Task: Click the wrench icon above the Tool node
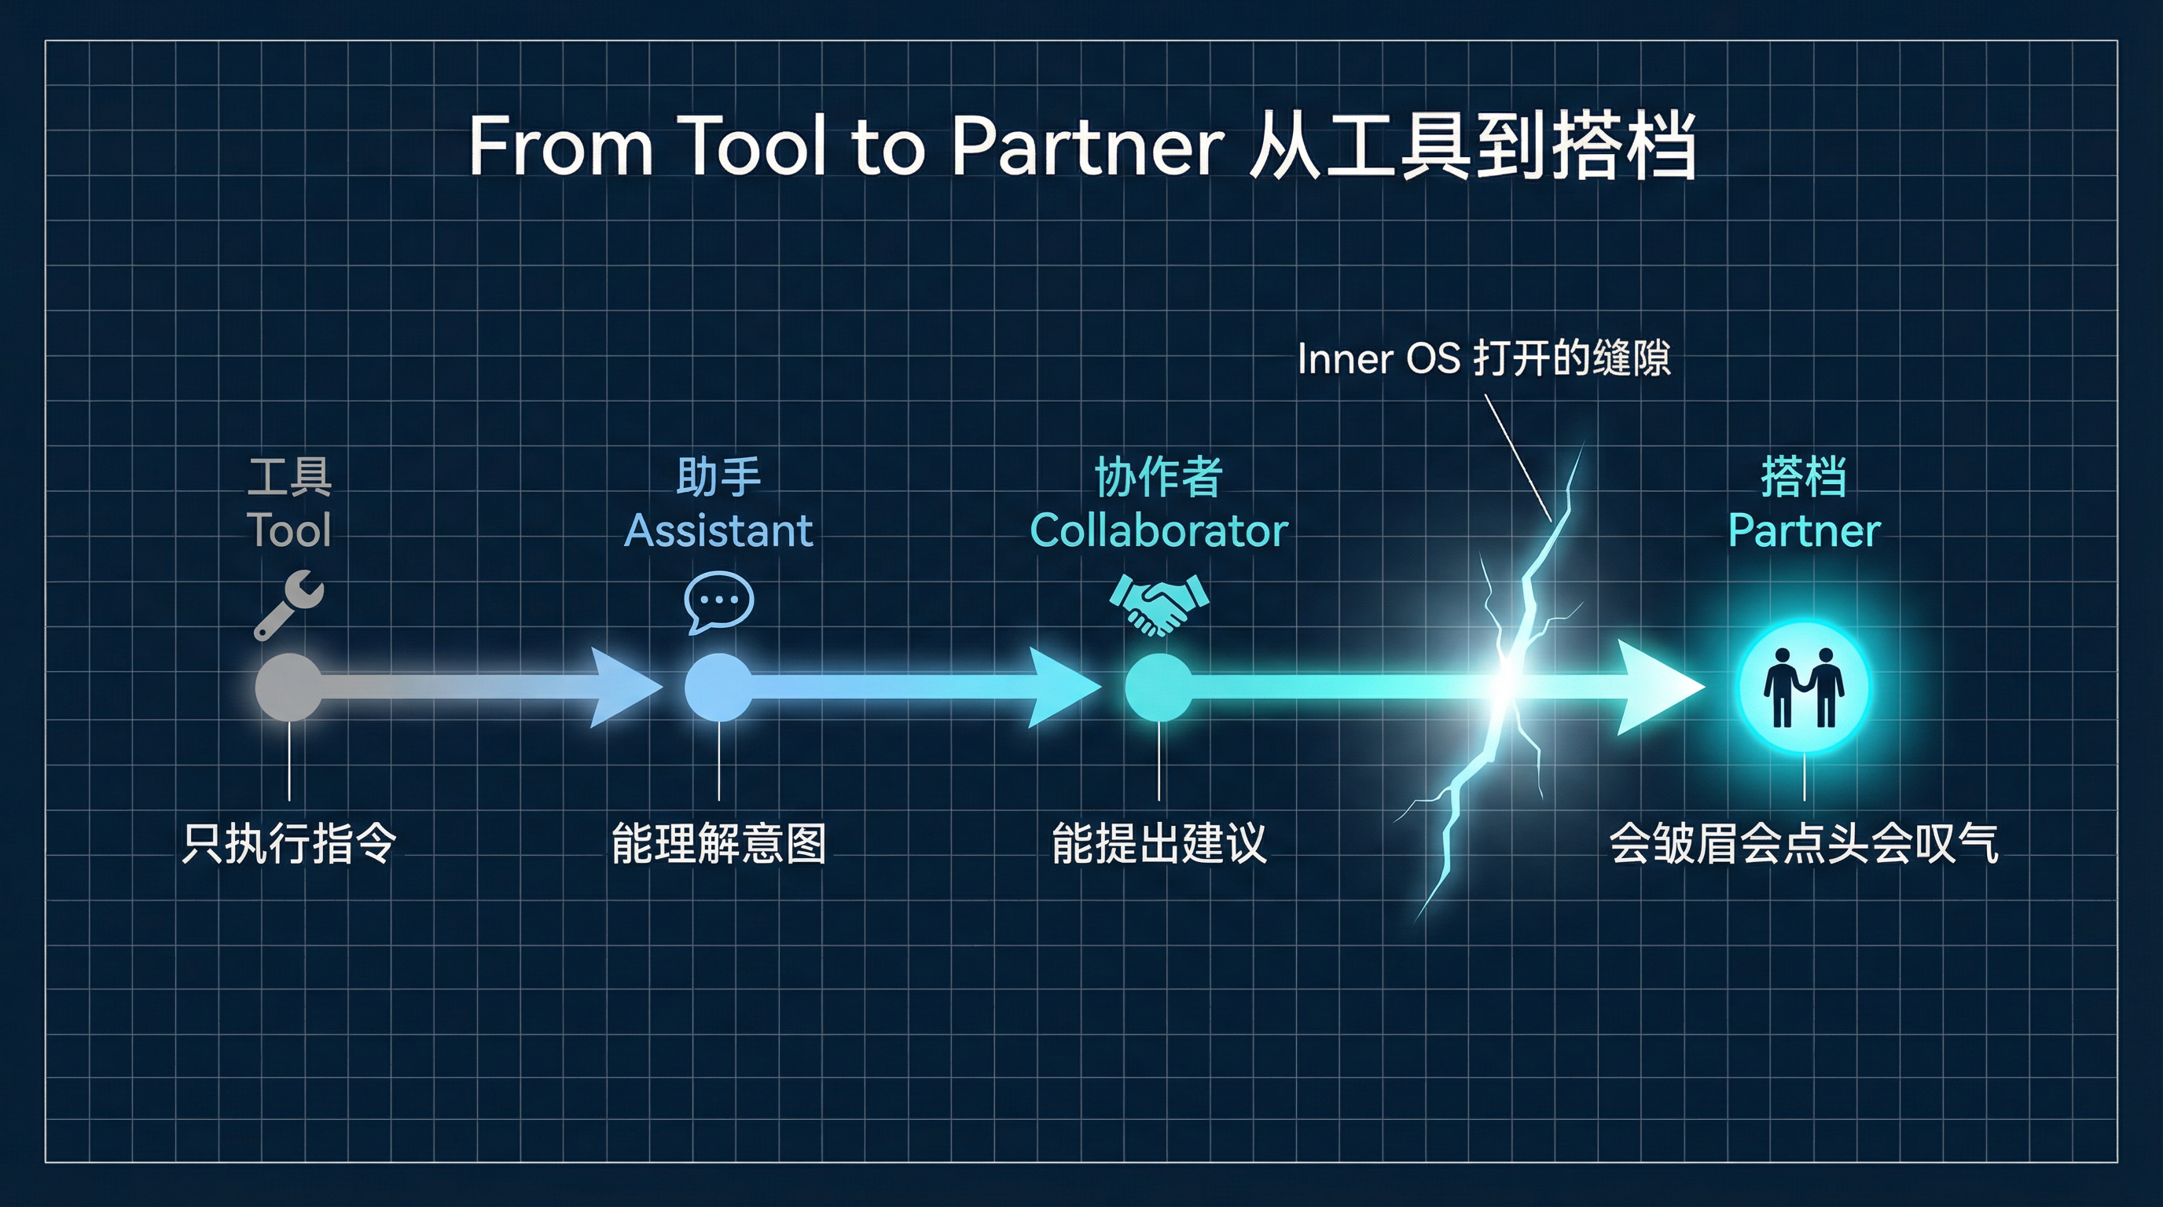[x=289, y=604]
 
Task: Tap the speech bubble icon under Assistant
[x=718, y=601]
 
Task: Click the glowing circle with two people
[x=1804, y=688]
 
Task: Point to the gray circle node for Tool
[x=289, y=688]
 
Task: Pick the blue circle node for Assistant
[x=718, y=688]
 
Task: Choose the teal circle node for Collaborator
[x=1159, y=688]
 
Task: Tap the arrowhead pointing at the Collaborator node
[x=1061, y=688]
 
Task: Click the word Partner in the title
[x=1086, y=147]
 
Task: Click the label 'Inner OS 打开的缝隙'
[x=1484, y=358]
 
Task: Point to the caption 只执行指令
[x=289, y=843]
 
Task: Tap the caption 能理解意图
[x=718, y=843]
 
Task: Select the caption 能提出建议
[x=1159, y=843]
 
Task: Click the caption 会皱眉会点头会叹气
[x=1804, y=843]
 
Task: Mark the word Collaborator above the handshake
[x=1159, y=530]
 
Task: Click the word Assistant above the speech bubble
[x=718, y=530]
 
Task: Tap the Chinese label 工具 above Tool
[x=289, y=477]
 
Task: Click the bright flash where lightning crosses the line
[x=1508, y=681]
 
